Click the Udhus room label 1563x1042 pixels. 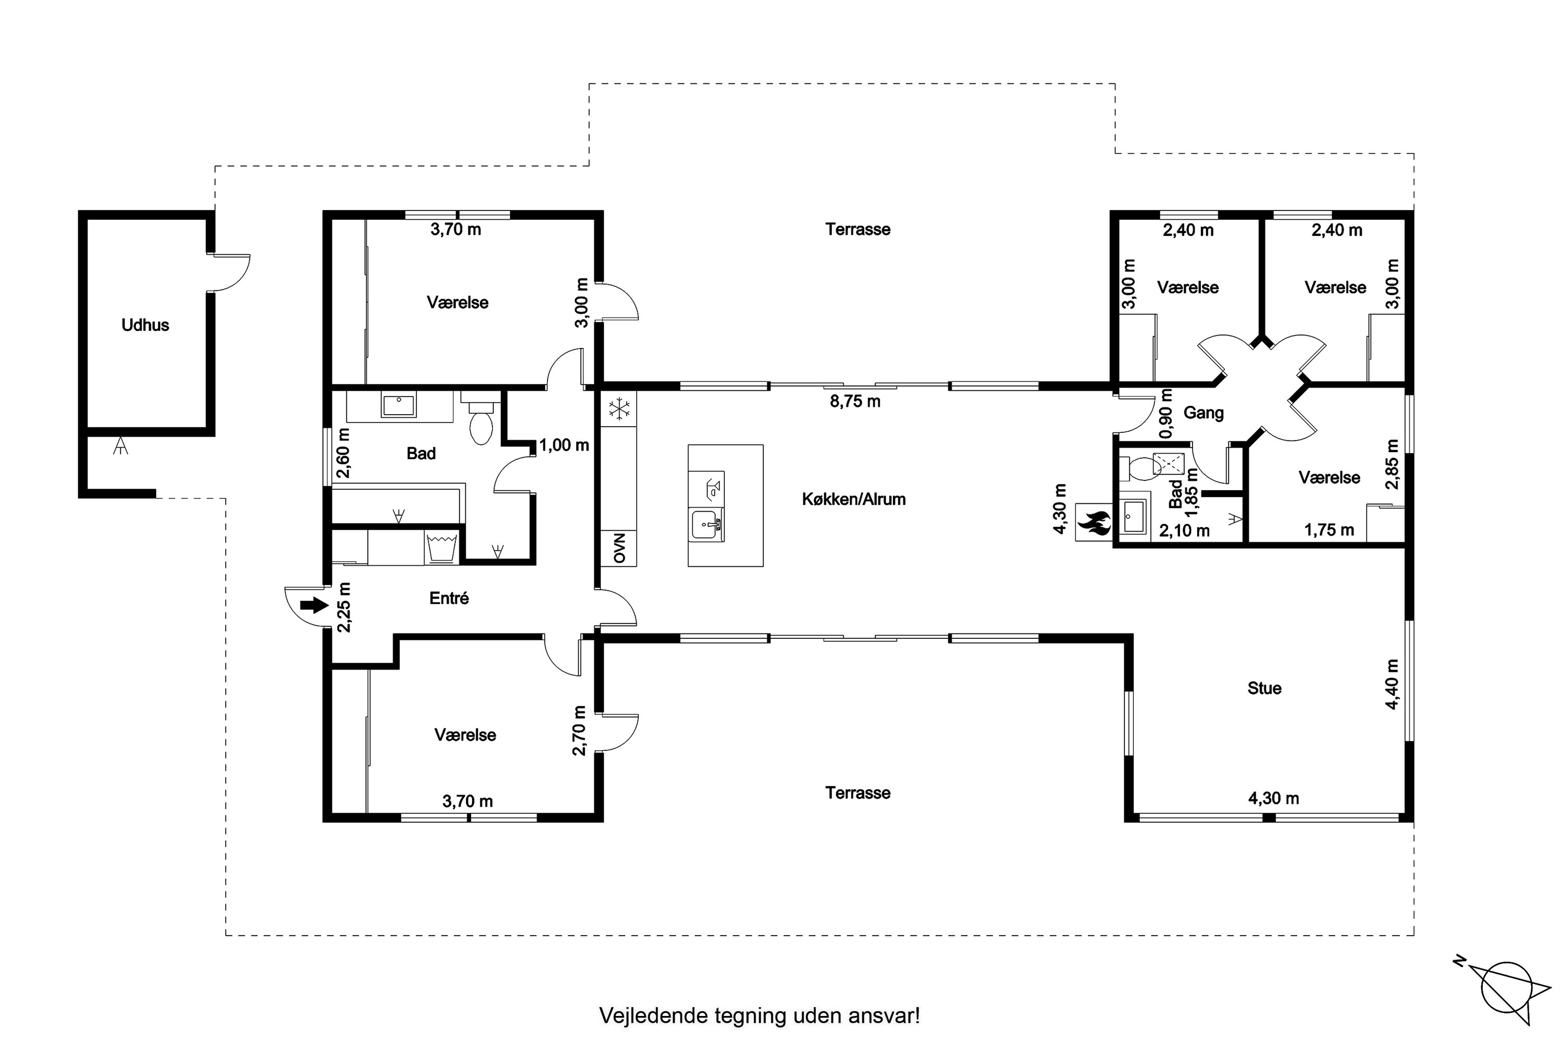click(x=145, y=326)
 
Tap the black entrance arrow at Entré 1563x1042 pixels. click(x=314, y=605)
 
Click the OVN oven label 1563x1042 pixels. click(x=619, y=548)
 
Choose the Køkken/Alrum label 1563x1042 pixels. click(x=854, y=500)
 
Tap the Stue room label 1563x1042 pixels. click(x=1264, y=688)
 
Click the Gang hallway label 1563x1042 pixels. click(x=1204, y=413)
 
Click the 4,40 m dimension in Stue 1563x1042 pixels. click(x=1392, y=685)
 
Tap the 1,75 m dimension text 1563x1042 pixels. click(x=1329, y=530)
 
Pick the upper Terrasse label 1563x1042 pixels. click(x=858, y=229)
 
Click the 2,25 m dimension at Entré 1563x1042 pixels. click(x=345, y=607)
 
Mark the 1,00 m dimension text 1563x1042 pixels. click(x=564, y=446)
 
